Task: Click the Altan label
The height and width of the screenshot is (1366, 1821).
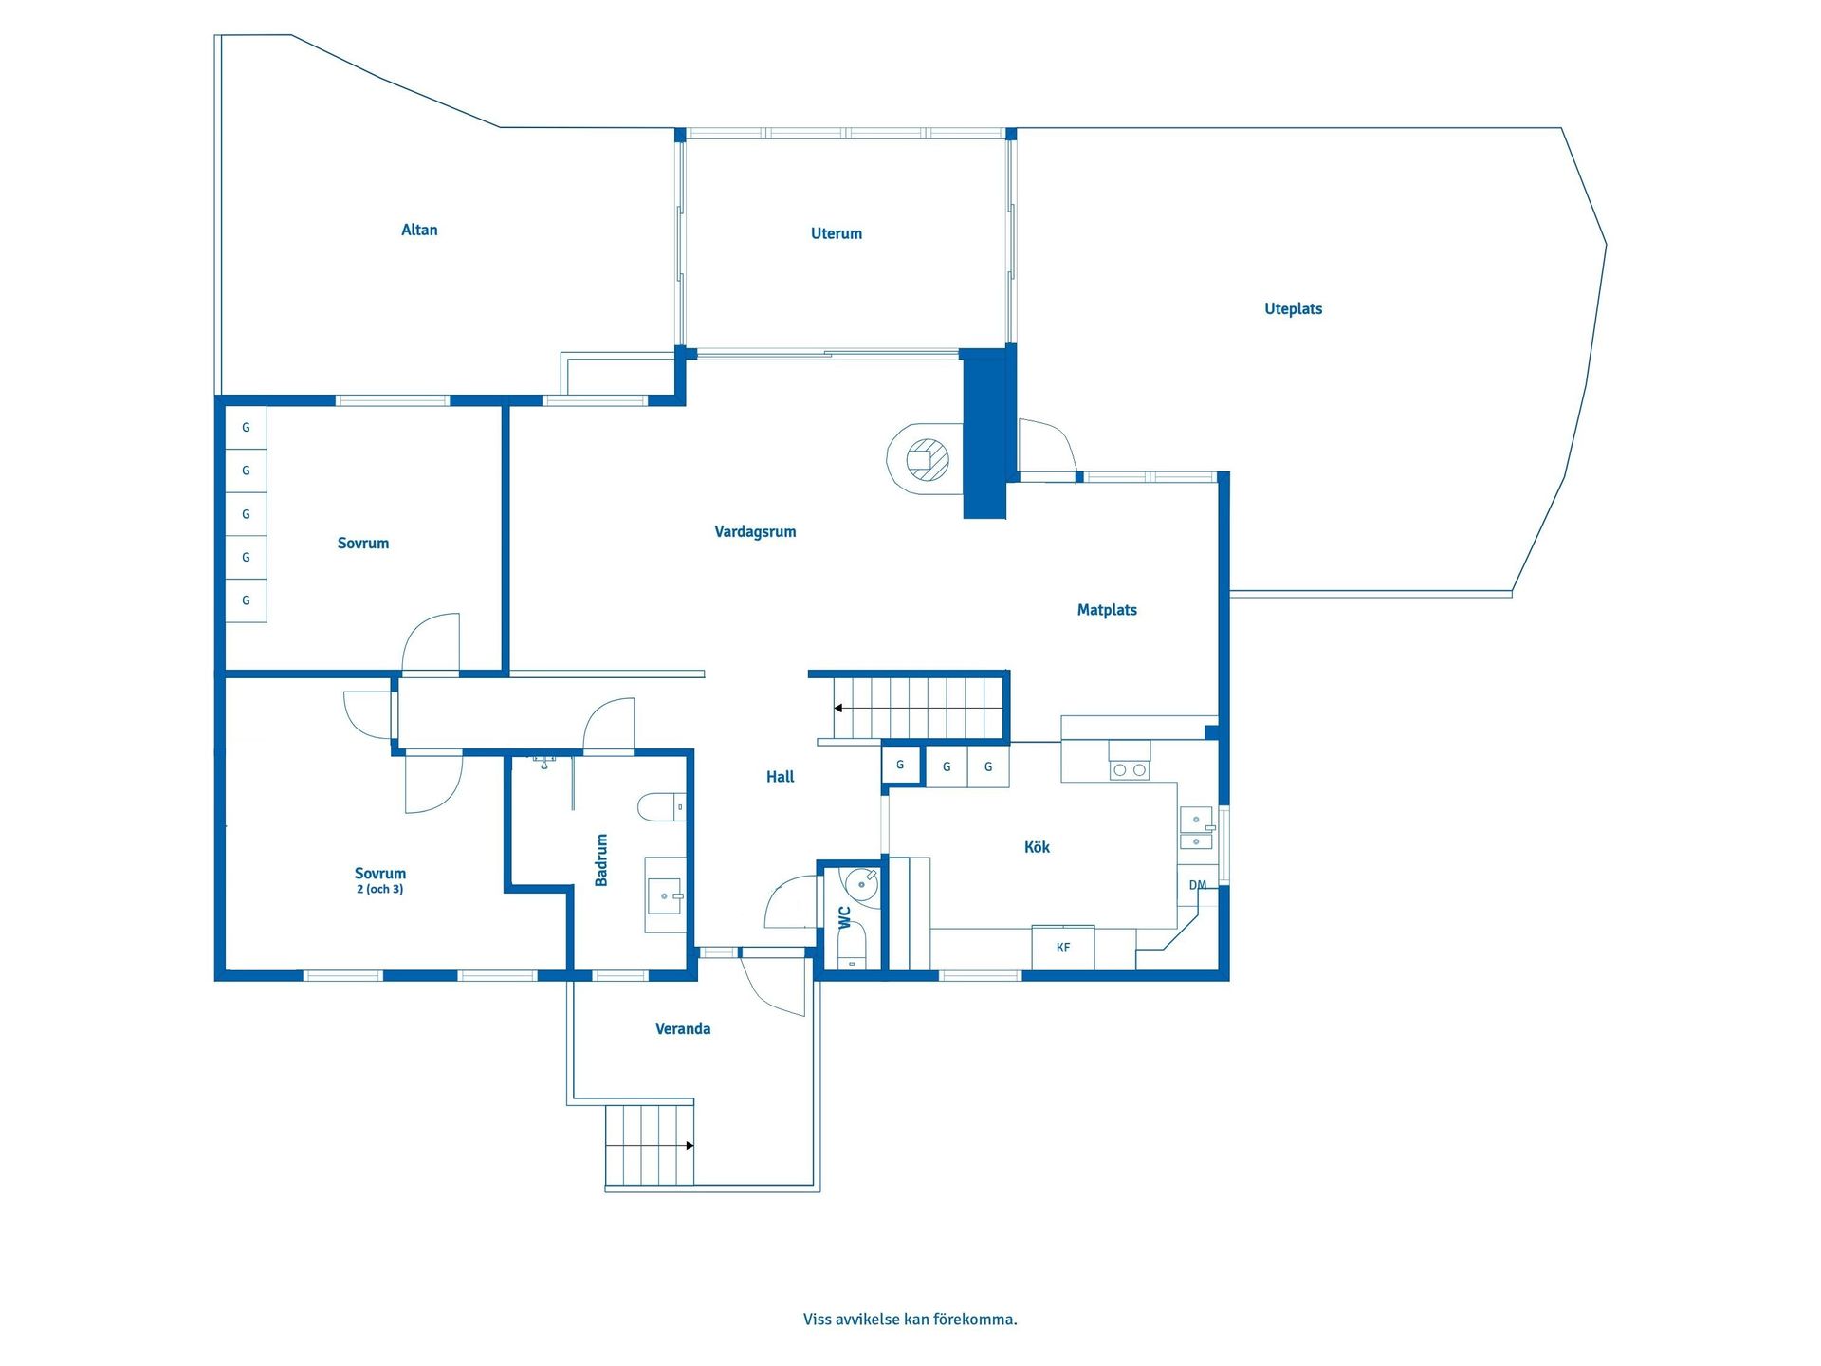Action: tap(419, 230)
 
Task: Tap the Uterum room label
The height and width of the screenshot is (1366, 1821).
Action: tap(837, 233)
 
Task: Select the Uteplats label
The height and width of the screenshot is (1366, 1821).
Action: tap(1293, 309)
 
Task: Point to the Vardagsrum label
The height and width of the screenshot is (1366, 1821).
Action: tap(755, 532)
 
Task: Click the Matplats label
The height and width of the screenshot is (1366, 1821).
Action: tap(1107, 610)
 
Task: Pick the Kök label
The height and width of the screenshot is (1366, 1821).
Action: tap(1037, 847)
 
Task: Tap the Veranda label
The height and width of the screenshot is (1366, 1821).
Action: tap(683, 1029)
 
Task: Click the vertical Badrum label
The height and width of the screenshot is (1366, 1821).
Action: tap(601, 860)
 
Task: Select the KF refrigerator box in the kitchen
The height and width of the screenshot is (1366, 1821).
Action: tap(1063, 948)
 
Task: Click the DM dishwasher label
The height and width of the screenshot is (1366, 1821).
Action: tap(1198, 885)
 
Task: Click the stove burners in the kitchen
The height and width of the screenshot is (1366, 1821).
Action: tap(1129, 770)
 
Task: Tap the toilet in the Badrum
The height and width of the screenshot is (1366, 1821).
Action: tap(662, 807)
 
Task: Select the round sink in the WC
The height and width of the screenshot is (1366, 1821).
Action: tap(862, 883)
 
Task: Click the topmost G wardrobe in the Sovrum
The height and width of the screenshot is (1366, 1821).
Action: tap(246, 428)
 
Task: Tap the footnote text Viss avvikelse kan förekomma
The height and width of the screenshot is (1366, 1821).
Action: tap(910, 1320)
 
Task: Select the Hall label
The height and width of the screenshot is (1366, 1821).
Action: tap(780, 777)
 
